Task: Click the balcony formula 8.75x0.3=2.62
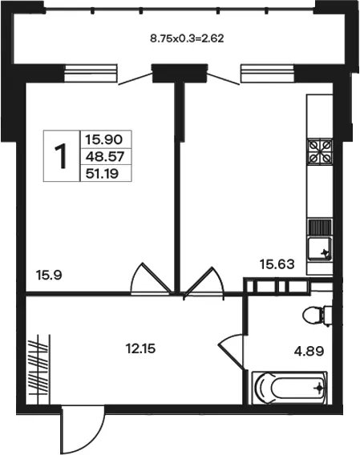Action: click(x=187, y=38)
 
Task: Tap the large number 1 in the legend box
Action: click(x=61, y=156)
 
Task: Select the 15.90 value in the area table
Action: click(x=103, y=140)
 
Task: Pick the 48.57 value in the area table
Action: click(x=105, y=157)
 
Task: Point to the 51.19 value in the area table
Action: click(x=102, y=174)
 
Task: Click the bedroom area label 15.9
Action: click(x=49, y=275)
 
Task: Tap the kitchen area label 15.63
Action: click(x=277, y=264)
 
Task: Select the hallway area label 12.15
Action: click(x=140, y=348)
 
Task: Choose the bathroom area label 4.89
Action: click(x=309, y=352)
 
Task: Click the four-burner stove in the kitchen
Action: click(x=320, y=151)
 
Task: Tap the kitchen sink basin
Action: click(x=320, y=248)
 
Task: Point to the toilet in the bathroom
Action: click(x=318, y=316)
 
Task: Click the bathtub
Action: click(x=289, y=388)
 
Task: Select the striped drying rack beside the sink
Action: click(x=320, y=227)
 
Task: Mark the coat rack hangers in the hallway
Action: click(x=38, y=368)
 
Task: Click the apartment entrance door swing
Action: click(x=83, y=430)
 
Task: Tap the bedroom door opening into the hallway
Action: click(x=150, y=279)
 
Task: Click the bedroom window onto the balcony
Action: click(x=91, y=73)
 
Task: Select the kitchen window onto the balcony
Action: click(x=267, y=74)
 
